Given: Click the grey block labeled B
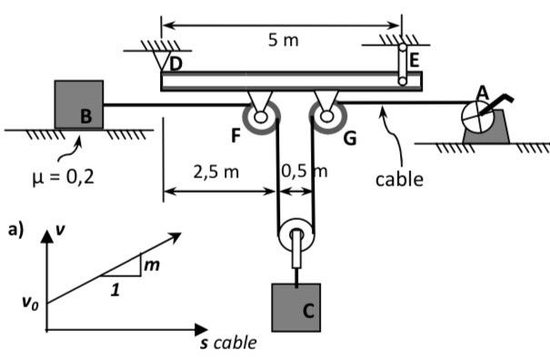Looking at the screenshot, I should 79,104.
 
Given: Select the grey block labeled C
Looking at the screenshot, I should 296,306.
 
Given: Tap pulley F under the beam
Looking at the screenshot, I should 260,115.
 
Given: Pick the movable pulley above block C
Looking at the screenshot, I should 296,238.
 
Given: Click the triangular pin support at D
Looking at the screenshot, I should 165,61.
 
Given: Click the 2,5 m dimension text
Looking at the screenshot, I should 215,170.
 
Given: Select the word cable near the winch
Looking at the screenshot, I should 400,179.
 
